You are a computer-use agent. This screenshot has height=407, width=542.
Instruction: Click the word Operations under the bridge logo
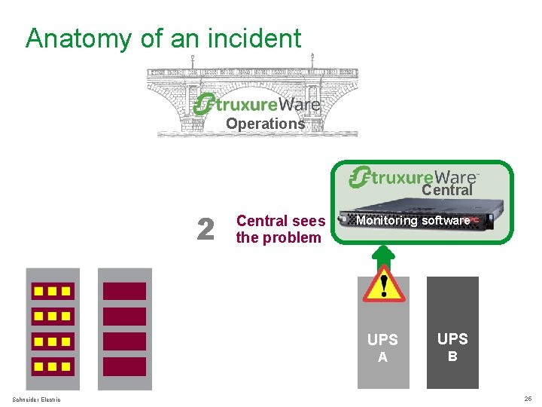(265, 124)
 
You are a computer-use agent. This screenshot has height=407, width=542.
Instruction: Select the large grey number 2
(205, 230)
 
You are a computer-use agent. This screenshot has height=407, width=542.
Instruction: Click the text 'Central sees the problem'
(280, 229)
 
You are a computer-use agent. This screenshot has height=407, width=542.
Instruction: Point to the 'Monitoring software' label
(413, 221)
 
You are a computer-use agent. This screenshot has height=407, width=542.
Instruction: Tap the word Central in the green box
(446, 191)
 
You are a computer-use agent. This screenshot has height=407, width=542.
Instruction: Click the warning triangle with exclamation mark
(384, 285)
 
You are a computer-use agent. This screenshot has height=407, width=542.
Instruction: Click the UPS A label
(382, 347)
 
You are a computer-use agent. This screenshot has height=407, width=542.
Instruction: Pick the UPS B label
(452, 347)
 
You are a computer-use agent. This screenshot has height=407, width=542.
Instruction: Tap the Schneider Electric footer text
(36, 399)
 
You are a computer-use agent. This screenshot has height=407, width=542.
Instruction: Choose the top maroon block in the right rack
(124, 291)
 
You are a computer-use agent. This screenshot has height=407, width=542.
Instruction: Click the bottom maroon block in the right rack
(124, 366)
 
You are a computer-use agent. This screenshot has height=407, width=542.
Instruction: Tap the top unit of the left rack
(52, 291)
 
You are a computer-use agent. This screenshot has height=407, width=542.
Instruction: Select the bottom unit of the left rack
(52, 367)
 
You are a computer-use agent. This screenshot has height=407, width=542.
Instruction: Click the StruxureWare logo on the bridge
(257, 103)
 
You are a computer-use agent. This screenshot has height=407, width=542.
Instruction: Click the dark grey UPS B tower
(452, 332)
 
